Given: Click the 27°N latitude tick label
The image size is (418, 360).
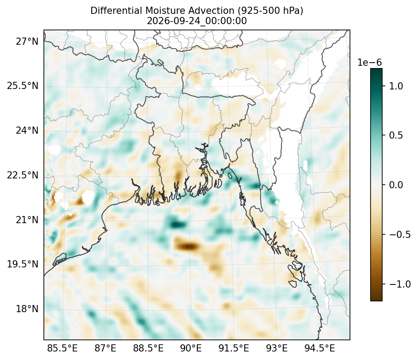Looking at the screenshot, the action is coord(27,42).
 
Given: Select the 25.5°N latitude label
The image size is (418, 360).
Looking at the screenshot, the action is coord(23,86).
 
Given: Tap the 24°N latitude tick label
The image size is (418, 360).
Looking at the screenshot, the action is coord(27,131).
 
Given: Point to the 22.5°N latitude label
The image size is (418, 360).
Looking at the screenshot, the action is coord(23,175).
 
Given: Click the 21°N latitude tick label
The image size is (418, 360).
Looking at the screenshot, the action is coord(27,220).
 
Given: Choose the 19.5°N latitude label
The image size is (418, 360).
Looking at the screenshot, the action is coord(23,264).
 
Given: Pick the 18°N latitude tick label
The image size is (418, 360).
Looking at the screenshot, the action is coord(27,309).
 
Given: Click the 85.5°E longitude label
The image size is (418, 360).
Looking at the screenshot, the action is coord(62,348).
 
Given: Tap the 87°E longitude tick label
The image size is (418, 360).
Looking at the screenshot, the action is coord(105,348).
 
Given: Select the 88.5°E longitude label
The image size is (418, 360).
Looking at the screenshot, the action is coord(148,348).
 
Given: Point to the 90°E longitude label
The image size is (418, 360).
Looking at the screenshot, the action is coord(191,348).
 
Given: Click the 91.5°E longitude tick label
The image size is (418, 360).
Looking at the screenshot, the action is coord(234,348).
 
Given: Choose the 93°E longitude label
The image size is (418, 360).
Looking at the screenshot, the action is coord(277,348).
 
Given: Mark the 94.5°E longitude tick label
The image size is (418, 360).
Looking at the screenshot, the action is coord(320,348).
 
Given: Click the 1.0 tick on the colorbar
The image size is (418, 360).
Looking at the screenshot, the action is coord(396,86).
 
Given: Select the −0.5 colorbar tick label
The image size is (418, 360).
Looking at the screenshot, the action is coord(400,234).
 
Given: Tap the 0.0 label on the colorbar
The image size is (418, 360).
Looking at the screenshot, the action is coord(396,185).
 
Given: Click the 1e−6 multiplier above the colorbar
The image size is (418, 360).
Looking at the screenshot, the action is coord(370,63).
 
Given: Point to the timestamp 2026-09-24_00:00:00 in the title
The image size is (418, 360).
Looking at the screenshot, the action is coord(197,21).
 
